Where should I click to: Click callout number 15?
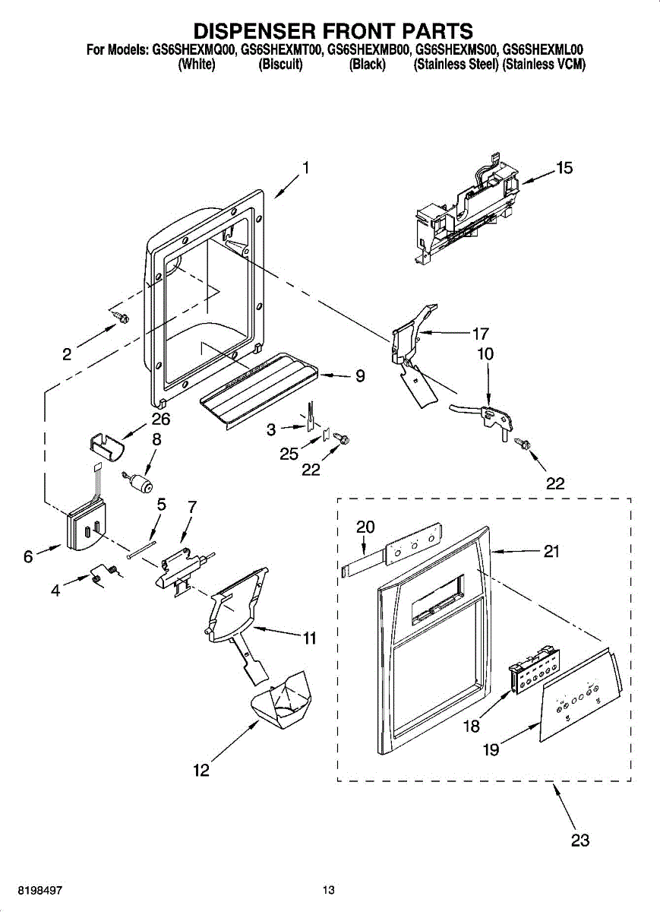(564, 168)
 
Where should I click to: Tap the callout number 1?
(306, 168)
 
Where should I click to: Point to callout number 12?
(201, 770)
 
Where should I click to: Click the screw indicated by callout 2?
(120, 316)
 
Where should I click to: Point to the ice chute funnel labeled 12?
(281, 701)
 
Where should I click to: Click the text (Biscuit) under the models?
(281, 65)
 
